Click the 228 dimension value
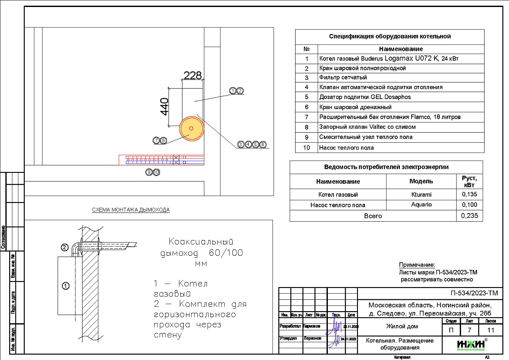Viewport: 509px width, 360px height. point(193,75)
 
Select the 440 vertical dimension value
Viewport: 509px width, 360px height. point(165,106)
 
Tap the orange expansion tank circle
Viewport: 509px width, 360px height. point(191,128)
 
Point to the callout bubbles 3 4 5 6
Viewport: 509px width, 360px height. point(252,144)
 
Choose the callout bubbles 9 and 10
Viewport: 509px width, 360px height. point(153,172)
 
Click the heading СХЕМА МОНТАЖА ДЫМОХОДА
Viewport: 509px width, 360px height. point(131,210)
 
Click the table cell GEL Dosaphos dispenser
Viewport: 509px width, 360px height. point(365,97)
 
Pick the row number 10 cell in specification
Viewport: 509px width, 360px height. point(306,147)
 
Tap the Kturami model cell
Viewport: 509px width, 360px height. point(421,195)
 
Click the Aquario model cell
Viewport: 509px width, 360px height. point(421,205)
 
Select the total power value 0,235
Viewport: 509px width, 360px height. point(469,216)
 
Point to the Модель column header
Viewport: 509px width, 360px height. point(421,181)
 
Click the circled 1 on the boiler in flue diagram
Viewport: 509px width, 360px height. point(65,286)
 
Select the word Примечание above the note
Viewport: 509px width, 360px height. point(417,265)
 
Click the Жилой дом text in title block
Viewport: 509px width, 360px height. point(402,326)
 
